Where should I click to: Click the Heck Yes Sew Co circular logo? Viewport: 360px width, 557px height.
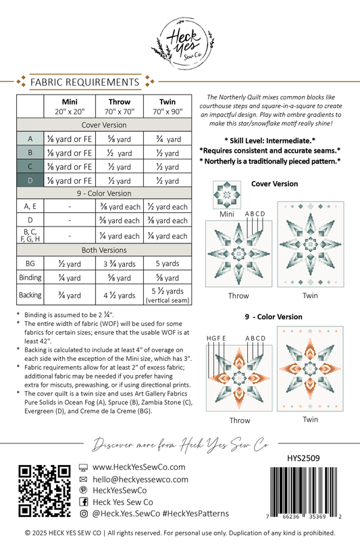tap(184, 43)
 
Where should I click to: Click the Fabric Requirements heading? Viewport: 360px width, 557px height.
tap(84, 82)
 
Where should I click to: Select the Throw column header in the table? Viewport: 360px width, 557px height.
tap(120, 106)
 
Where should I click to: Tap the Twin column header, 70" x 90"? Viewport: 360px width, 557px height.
tap(168, 106)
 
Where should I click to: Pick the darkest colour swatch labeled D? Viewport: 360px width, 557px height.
tap(30, 180)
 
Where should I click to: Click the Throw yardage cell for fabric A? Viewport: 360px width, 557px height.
tap(120, 139)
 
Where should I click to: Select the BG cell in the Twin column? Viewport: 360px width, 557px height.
tap(168, 264)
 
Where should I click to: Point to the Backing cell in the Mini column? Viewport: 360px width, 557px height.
tap(70, 295)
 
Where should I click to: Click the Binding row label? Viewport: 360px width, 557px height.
tap(30, 277)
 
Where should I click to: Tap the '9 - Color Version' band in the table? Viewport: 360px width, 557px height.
tap(104, 193)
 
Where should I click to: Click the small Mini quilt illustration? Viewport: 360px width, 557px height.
tap(227, 195)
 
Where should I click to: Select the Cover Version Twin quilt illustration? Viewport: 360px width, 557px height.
tap(311, 245)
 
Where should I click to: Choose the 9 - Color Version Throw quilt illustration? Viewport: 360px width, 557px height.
tap(239, 378)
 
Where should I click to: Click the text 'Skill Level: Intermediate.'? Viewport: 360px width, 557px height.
tap(269, 141)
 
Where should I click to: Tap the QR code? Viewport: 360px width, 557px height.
tap(45, 491)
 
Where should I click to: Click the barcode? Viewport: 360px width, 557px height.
tap(303, 490)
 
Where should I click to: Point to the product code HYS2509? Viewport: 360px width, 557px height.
tap(303, 458)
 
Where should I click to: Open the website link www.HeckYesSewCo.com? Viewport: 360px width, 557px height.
tap(139, 467)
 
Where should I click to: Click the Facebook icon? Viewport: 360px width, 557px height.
tap(84, 502)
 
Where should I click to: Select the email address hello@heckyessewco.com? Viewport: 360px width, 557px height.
tap(140, 479)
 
